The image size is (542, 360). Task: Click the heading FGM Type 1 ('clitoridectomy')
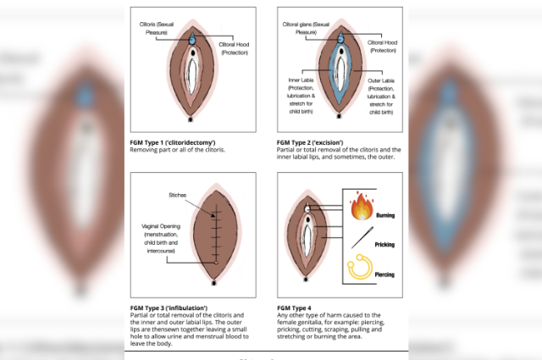(x=173, y=142)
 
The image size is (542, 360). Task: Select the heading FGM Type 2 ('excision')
(x=312, y=142)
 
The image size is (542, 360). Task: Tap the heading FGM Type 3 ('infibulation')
(x=169, y=307)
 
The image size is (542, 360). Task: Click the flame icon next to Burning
(x=362, y=207)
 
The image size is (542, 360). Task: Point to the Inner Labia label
(x=301, y=80)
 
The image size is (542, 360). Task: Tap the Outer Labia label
(x=381, y=80)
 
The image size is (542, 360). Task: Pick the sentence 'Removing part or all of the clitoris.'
(x=177, y=150)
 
